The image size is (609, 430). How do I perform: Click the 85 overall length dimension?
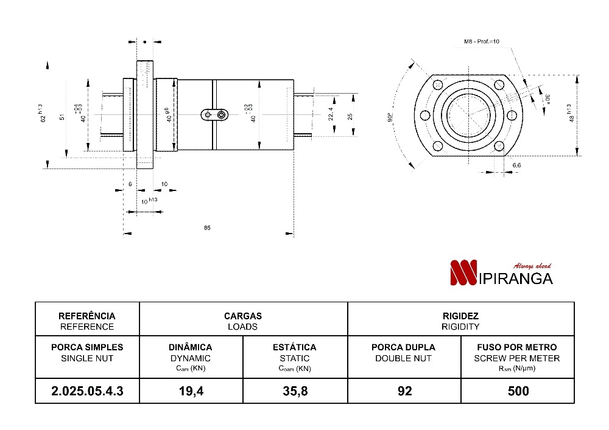click(x=208, y=227)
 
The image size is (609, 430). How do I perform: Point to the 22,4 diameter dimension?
click(x=331, y=114)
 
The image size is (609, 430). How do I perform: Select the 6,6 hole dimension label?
click(x=516, y=165)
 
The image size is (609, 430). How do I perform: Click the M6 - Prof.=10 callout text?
click(x=482, y=42)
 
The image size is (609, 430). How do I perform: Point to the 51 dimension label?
click(x=63, y=117)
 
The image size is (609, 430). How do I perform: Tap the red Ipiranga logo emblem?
click(x=463, y=273)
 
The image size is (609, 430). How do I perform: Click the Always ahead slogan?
click(x=532, y=266)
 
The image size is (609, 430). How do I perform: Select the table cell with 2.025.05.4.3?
click(x=88, y=391)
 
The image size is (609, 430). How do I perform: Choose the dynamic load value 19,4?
click(x=191, y=391)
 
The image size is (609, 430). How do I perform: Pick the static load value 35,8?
click(x=295, y=391)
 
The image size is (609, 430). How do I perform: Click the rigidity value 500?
click(x=518, y=391)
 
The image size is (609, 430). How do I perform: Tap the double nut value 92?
click(x=404, y=391)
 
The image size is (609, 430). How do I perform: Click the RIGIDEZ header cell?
click(x=460, y=321)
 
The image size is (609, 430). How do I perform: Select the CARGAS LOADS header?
click(x=242, y=321)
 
